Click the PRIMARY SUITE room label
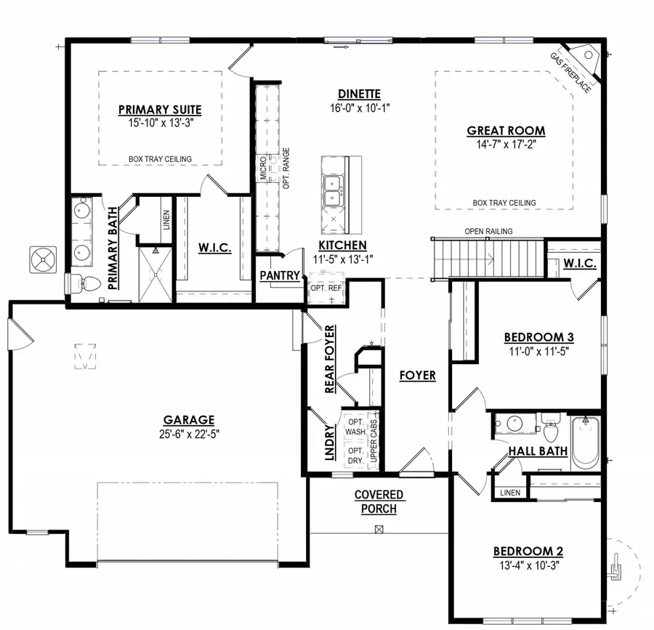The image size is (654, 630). coord(160,110)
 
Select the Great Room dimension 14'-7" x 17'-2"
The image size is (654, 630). coord(506,144)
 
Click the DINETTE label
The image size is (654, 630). coord(359,94)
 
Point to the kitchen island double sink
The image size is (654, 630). coord(334,190)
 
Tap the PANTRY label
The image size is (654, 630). coord(280,275)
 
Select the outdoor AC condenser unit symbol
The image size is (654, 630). coord(43,260)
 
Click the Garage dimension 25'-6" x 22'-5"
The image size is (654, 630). coord(189,434)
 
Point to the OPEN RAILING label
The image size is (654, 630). coord(488,231)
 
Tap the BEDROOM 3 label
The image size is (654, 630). coord(539,337)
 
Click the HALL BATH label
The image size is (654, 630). coord(538,451)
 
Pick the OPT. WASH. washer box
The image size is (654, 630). coord(355,427)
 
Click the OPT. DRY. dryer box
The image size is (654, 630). coord(355,456)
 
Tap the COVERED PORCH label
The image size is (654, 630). coord(379,501)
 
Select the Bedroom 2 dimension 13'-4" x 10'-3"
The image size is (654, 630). coord(528,564)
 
